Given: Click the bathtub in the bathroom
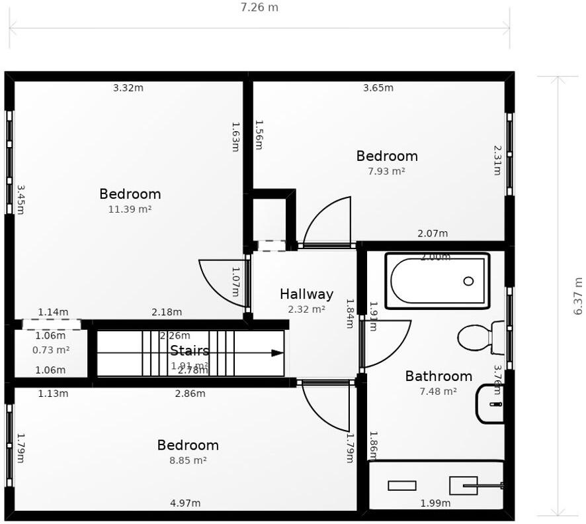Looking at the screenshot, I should point(438,281).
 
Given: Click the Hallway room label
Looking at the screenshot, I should point(306,294).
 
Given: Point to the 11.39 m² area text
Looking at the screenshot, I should point(130,209).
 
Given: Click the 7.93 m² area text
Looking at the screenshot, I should point(386,171).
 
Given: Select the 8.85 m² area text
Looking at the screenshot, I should point(188,460).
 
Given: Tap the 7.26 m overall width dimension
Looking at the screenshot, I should point(259,8).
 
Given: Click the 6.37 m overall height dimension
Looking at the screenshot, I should point(577,295).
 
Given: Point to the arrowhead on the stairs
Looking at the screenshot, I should point(277,353).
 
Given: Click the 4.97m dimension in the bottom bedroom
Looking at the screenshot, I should point(185,503).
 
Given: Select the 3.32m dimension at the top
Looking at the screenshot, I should point(128,87).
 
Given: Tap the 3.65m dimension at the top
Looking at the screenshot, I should point(378,87).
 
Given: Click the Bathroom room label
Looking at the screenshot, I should point(439,376).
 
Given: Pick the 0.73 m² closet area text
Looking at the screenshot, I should point(51,350).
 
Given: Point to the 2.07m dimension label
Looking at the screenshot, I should point(433,233).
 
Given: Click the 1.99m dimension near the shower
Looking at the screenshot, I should point(435,503).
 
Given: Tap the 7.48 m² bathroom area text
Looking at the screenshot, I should point(438,392).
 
